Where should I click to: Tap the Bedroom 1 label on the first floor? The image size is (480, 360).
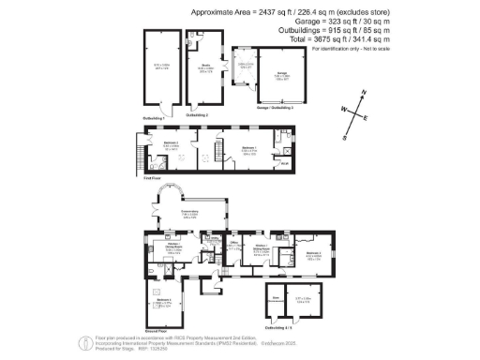click(x=249, y=147)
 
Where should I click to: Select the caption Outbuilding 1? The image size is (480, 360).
click(x=153, y=118)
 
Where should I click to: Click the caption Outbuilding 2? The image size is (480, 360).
click(x=208, y=112)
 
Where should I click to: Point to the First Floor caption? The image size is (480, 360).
click(x=142, y=177)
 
